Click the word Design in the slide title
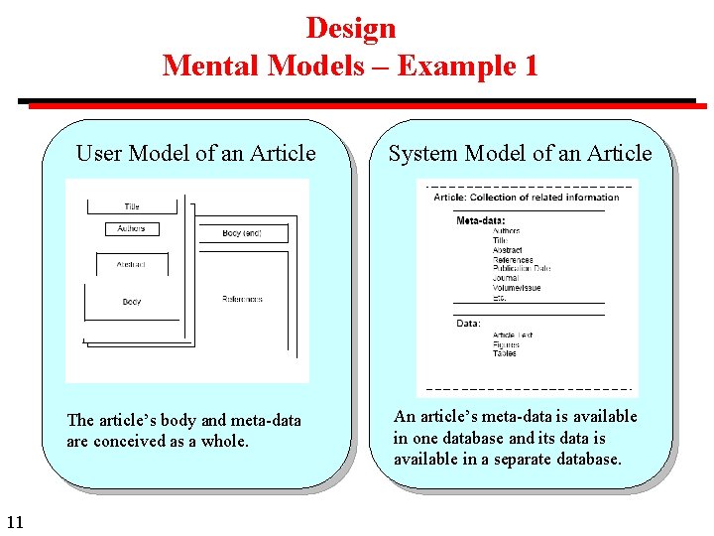click(350, 28)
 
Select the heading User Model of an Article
click(195, 153)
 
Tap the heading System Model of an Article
click(520, 153)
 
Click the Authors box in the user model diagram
click(132, 229)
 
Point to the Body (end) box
click(242, 233)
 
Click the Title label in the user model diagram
click(132, 206)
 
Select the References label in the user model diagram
click(242, 299)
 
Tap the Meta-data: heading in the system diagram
click(480, 220)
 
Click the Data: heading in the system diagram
click(468, 323)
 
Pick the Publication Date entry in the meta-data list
click(522, 269)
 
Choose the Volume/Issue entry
click(517, 288)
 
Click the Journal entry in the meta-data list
click(505, 279)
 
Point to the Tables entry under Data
click(504, 353)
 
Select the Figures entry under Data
click(506, 344)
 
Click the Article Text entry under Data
click(513, 335)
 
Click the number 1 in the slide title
click(529, 66)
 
